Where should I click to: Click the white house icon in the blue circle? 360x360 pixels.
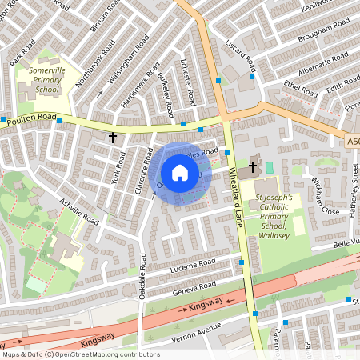(x=180, y=173)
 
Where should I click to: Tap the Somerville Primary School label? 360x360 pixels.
(x=46, y=81)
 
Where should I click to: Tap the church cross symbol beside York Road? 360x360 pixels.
(x=113, y=138)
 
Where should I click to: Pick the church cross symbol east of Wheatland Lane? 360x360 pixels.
(x=253, y=166)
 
